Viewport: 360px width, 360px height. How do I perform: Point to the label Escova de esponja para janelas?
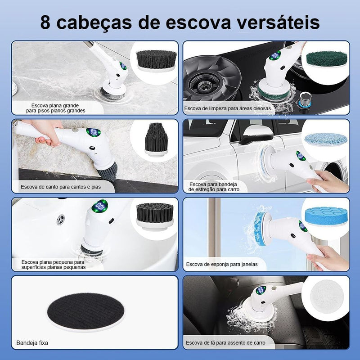pos(222,264)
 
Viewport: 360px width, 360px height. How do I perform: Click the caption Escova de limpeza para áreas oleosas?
pos(227,108)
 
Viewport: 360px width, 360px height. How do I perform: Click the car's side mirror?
pos(254,135)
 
